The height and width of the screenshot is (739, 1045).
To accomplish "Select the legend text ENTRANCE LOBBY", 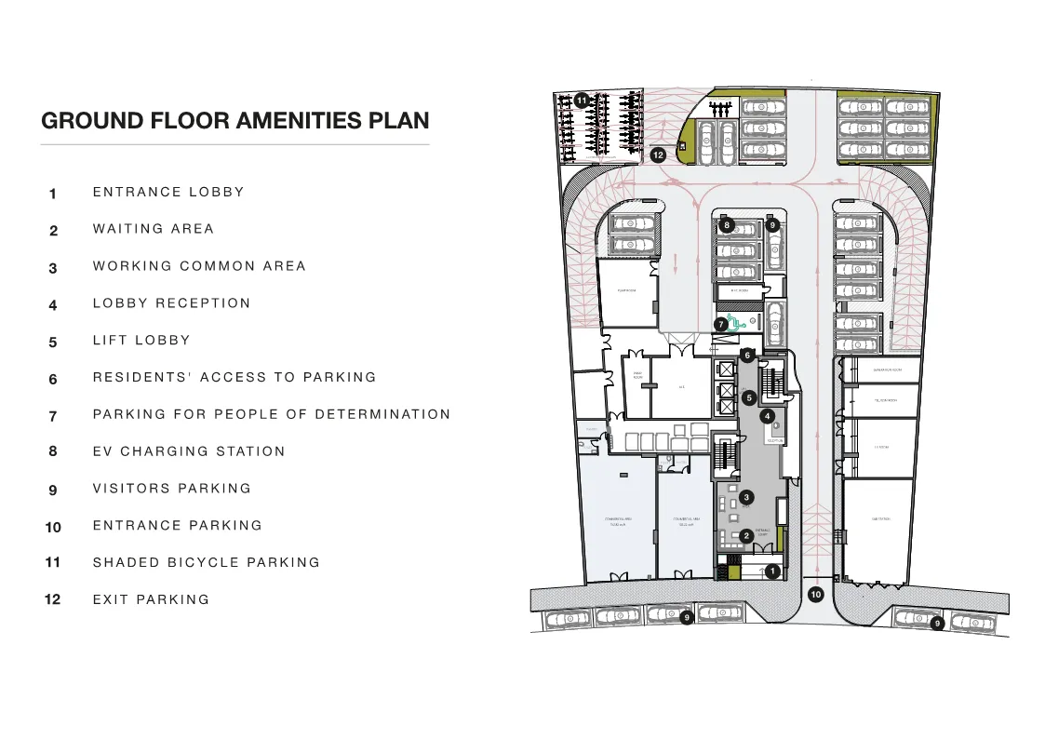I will [168, 193].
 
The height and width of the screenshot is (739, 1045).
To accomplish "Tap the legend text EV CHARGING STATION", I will [189, 451].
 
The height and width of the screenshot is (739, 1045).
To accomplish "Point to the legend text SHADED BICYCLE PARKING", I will [206, 563].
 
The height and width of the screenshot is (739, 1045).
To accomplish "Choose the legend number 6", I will [53, 380].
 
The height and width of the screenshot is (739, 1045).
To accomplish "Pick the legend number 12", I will [53, 600].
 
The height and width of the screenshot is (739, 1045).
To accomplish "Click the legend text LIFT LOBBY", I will [141, 341].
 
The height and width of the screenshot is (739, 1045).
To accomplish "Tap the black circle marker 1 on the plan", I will [770, 571].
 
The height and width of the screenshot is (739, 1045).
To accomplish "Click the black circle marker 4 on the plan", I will [768, 416].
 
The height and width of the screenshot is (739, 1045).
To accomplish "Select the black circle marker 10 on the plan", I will [816, 594].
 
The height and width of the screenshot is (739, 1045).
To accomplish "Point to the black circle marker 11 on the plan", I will [582, 100].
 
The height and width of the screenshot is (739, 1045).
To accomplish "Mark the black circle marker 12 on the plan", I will [658, 155].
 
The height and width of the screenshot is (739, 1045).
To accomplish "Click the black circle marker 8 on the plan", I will [728, 224].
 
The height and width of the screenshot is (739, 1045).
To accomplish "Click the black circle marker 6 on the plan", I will [746, 355].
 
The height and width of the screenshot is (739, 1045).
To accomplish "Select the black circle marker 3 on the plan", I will [746, 498].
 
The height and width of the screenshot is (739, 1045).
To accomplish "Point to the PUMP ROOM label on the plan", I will [626, 290].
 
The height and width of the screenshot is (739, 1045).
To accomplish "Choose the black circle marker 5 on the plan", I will [748, 397].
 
